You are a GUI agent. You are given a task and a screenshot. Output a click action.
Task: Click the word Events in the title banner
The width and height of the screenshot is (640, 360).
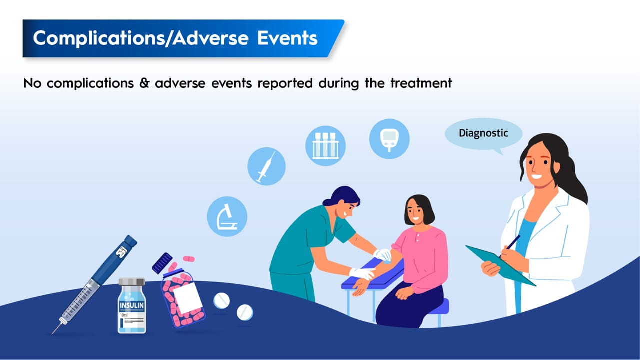pos(287,38)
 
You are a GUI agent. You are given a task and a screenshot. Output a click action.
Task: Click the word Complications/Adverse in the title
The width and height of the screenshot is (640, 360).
pos(141,39)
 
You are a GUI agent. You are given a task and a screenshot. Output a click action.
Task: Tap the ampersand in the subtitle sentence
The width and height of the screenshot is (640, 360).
pos(145,83)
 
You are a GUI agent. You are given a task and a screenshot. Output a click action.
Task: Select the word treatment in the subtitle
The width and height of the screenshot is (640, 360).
pos(421,83)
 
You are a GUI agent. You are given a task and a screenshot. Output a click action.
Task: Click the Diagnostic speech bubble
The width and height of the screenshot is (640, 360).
pos(483,133)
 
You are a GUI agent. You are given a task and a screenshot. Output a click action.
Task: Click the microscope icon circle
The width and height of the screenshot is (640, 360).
pos(227,216)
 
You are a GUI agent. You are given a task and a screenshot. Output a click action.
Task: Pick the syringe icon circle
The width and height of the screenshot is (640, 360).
pos(266,166)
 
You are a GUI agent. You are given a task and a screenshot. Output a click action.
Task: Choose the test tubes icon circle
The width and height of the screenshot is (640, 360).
pos(325,146)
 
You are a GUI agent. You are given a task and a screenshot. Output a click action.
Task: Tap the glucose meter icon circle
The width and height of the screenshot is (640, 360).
pos(389,139)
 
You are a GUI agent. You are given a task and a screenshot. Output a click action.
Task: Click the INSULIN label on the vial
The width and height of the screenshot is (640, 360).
pos(132,305)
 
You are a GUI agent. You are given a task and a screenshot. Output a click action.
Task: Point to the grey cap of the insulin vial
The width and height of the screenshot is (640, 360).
pos(132,281)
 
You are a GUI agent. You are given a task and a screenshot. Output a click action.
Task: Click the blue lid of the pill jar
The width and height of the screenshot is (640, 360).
pos(162,263)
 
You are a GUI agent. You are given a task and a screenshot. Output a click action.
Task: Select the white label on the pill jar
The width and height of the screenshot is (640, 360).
pos(187,298)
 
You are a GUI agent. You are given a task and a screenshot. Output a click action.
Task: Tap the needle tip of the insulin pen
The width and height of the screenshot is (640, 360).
pos(52,333)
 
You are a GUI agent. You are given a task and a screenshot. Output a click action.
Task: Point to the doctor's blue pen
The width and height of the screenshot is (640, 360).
pos(512,243)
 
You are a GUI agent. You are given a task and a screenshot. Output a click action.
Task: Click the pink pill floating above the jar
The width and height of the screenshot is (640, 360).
pos(189,259)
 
